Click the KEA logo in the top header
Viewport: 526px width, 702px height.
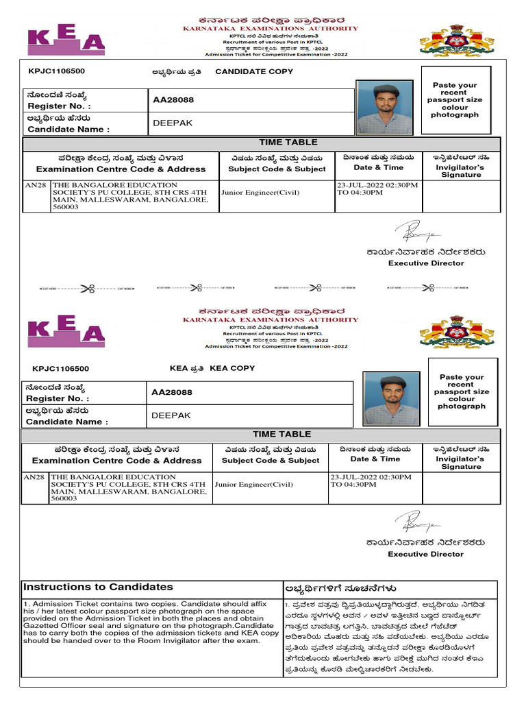pos(66,41)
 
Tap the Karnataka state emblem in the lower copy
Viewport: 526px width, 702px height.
pos(456,332)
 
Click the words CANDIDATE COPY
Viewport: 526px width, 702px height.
pos(245,71)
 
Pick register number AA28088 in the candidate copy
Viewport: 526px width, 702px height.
pos(173,100)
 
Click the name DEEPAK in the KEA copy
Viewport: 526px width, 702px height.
pos(171,415)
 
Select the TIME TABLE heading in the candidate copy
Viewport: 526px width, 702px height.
pos(288,143)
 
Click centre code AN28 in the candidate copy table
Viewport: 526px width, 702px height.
pos(36,185)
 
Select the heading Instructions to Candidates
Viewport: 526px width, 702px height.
pos(98,587)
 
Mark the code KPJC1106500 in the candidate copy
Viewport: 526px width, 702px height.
pos(57,71)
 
